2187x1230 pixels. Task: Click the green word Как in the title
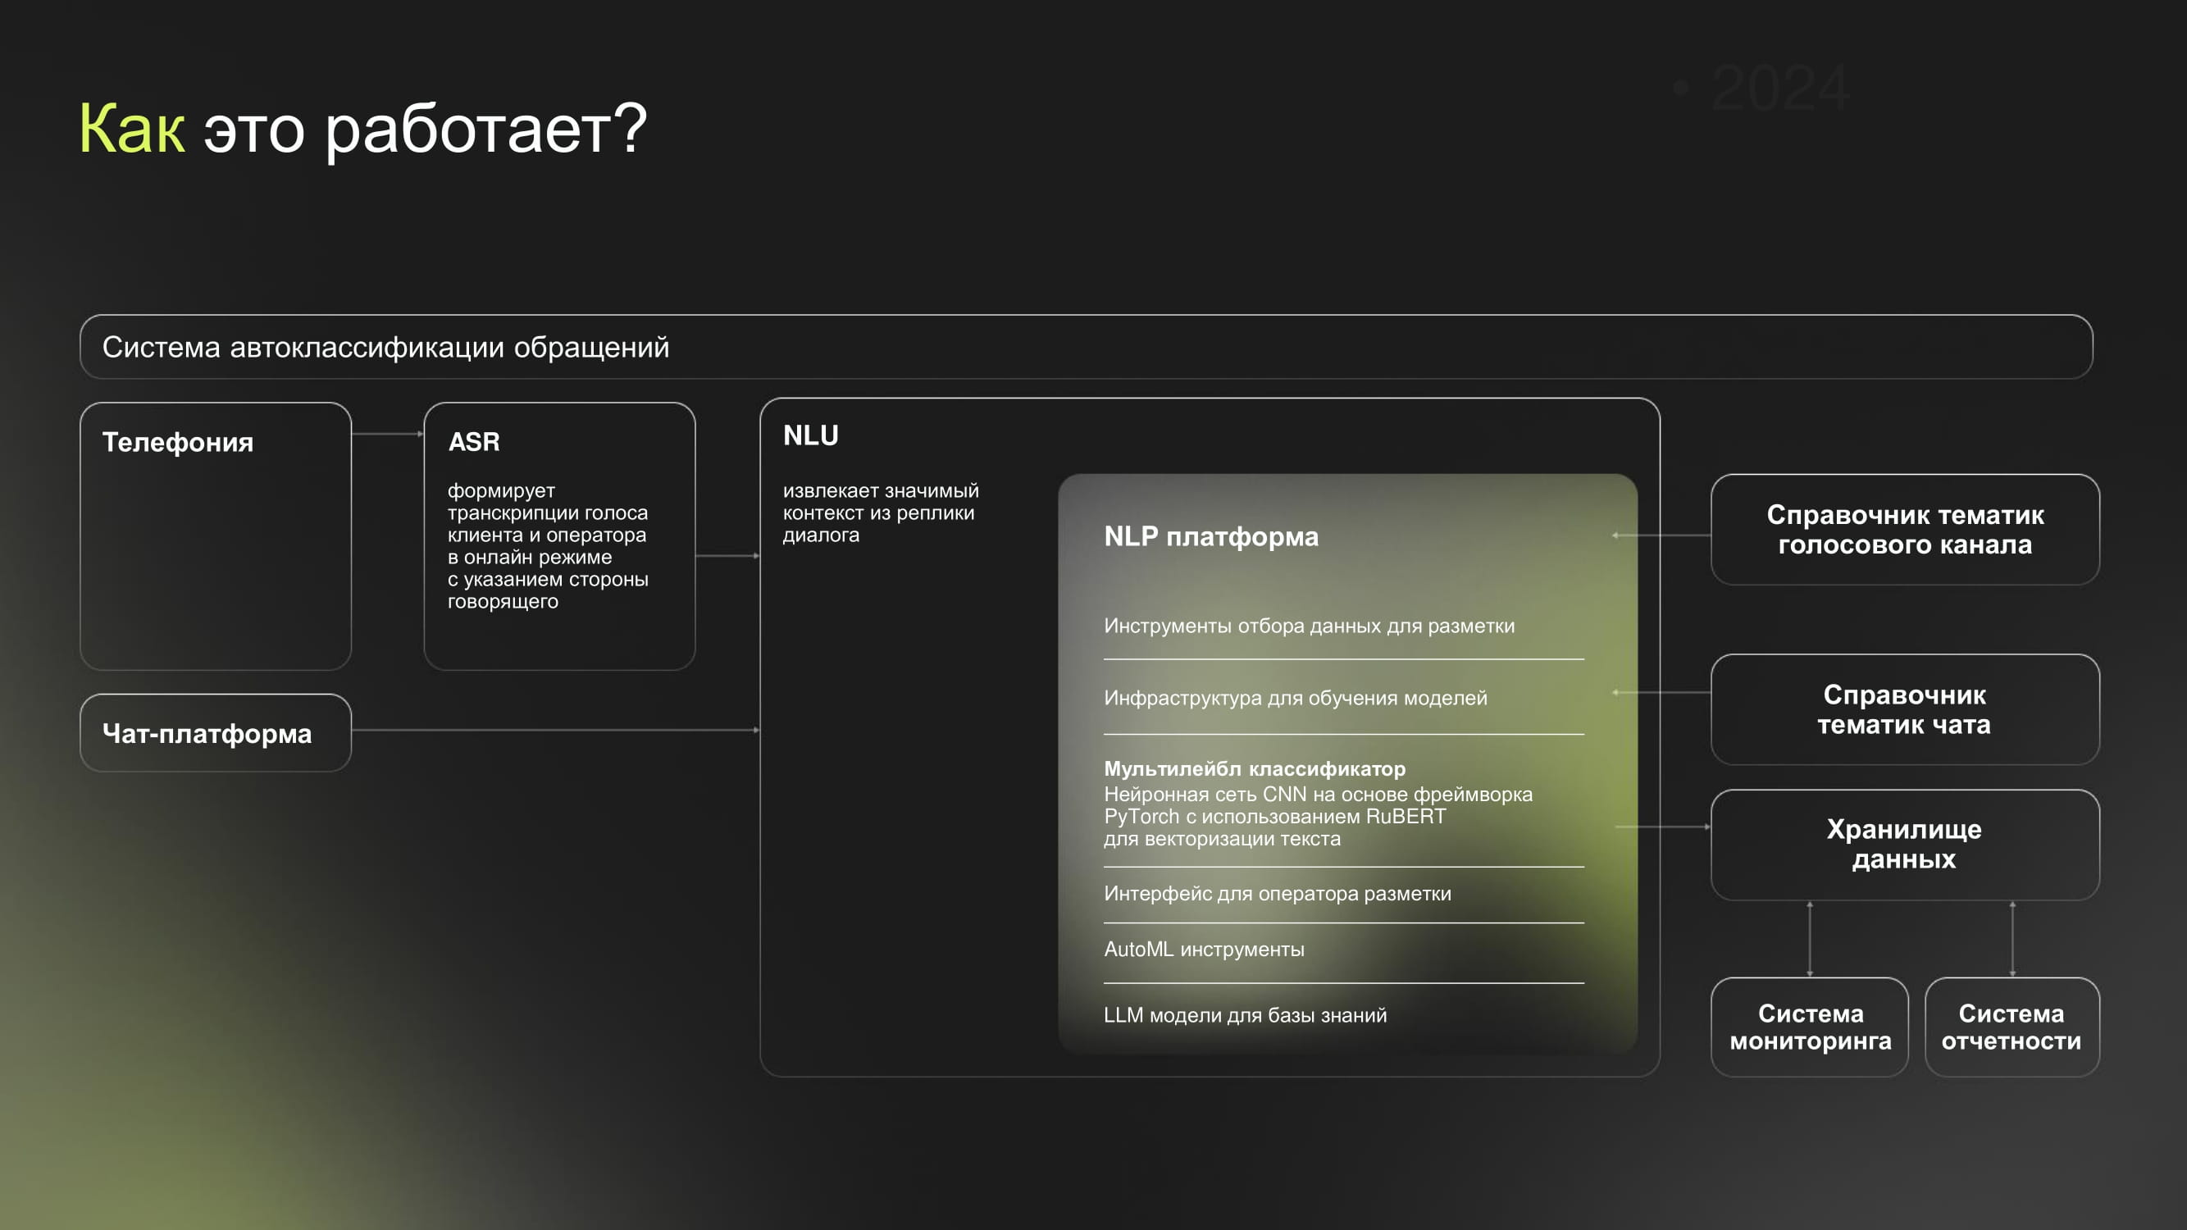pos(131,128)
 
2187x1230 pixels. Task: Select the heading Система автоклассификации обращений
pos(385,347)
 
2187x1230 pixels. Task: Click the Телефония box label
pos(177,442)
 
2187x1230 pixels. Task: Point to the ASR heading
pos(474,441)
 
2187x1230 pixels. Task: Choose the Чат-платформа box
pos(216,732)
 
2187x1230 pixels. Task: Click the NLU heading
pos(811,435)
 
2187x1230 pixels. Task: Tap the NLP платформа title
pos(1210,536)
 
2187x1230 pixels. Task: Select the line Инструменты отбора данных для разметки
pos(1309,626)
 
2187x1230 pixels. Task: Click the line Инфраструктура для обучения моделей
pos(1296,698)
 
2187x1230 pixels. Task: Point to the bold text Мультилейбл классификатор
pos(1255,768)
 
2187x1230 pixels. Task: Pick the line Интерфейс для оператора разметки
pos(1278,893)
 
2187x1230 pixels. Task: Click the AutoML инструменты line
pos(1204,949)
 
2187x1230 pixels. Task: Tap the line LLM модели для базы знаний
pos(1246,1015)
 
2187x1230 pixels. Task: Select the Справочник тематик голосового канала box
pos(1905,530)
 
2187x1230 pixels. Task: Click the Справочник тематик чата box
pos(1905,709)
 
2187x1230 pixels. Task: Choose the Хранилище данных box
pos(1905,845)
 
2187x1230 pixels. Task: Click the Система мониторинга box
pos(1810,1027)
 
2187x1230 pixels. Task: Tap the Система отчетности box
pos(2012,1027)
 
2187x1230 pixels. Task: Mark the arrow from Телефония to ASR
pos(388,434)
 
